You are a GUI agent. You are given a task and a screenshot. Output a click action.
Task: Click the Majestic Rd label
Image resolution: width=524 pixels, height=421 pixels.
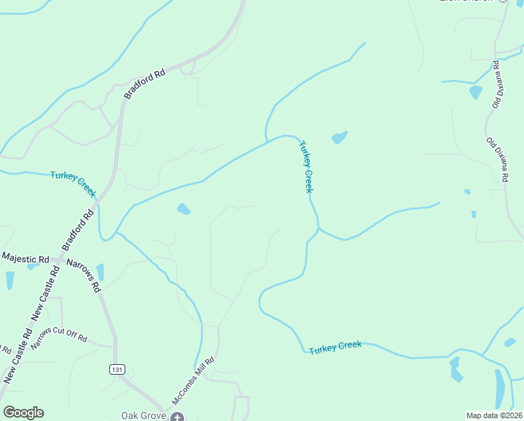tap(25, 258)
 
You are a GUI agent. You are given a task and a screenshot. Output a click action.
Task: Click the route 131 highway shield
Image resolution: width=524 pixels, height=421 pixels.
tap(118, 369)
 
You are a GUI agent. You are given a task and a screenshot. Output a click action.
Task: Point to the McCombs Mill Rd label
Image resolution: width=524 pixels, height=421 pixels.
tap(193, 381)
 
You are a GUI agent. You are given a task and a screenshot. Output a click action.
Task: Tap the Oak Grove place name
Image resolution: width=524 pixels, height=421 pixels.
tap(144, 415)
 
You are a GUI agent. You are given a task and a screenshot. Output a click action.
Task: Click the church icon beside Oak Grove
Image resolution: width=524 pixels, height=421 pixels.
tap(177, 417)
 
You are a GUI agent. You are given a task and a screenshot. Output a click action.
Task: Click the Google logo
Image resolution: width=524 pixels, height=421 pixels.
tap(23, 413)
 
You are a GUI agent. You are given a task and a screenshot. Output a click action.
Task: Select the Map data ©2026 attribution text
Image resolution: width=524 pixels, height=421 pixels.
tap(494, 415)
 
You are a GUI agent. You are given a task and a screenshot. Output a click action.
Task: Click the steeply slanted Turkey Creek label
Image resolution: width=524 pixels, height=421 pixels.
tap(306, 167)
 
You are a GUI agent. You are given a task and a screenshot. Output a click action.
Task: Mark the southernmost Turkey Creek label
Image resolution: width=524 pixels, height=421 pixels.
tap(335, 347)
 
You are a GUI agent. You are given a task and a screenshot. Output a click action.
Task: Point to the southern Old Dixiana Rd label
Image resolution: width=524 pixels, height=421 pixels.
tap(496, 161)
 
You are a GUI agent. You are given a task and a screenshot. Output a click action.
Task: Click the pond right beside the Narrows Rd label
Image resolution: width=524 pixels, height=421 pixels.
tap(100, 272)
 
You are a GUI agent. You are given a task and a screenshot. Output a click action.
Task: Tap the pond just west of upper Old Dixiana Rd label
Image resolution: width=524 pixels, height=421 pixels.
tap(476, 92)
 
